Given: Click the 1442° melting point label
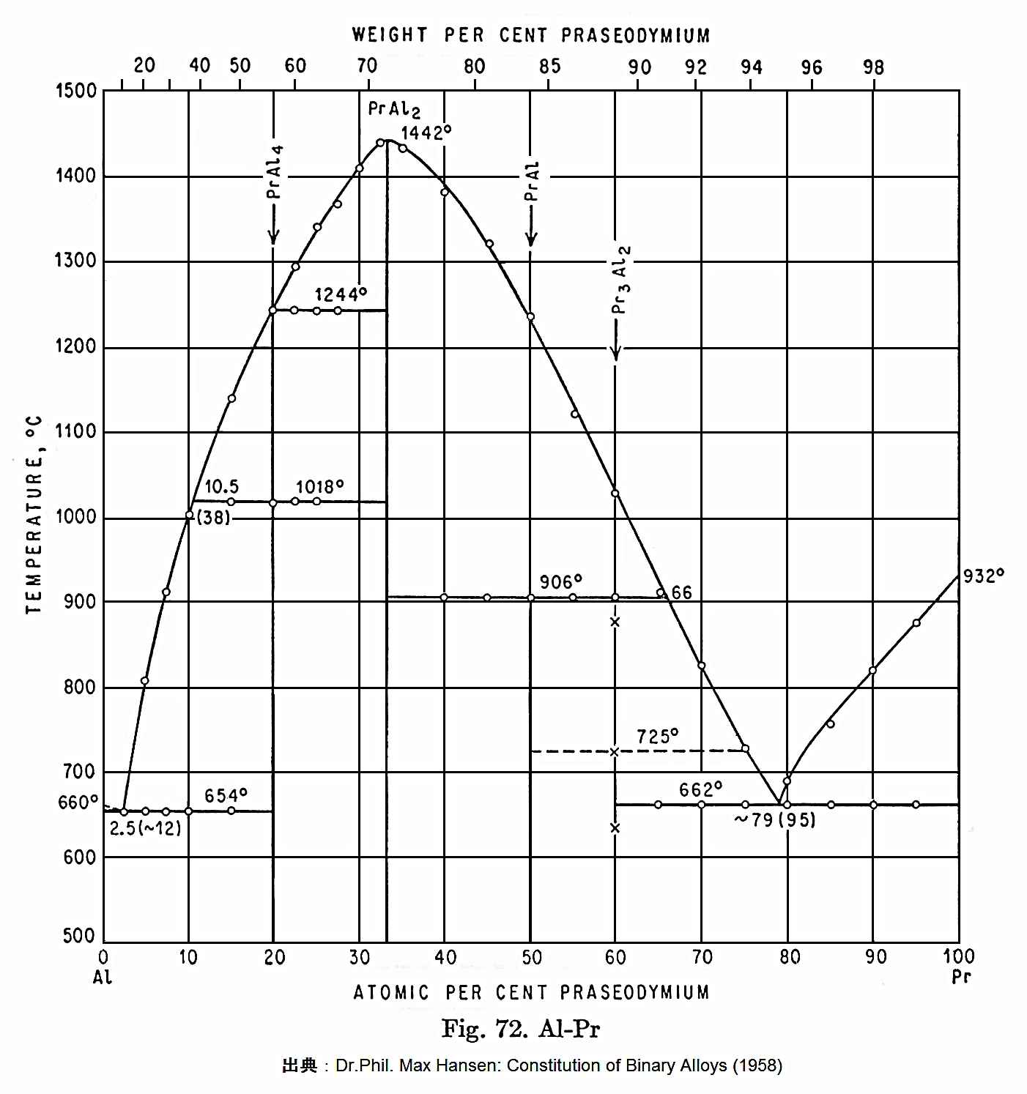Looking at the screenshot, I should click(426, 133).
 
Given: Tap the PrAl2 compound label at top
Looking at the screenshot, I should click(394, 110).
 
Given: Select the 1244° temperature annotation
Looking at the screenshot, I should click(341, 294).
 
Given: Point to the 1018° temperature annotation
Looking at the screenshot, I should click(320, 487).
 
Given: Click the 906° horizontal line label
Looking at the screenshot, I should click(561, 582).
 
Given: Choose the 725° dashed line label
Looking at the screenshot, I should click(657, 737).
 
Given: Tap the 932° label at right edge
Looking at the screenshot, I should click(983, 576).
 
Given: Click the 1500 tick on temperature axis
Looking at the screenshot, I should click(76, 92).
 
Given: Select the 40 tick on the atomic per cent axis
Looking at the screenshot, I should click(445, 958).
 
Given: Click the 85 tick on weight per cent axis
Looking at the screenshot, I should click(549, 67).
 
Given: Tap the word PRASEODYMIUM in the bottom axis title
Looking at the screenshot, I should click(635, 993).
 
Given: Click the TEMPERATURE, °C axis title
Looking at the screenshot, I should click(34, 515).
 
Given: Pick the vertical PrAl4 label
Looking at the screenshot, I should click(275, 171).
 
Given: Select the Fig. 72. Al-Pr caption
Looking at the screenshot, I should click(521, 1030).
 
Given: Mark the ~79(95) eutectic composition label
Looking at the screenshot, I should click(775, 820).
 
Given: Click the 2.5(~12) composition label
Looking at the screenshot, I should click(145, 828).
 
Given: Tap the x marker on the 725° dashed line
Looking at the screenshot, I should click(615, 752).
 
